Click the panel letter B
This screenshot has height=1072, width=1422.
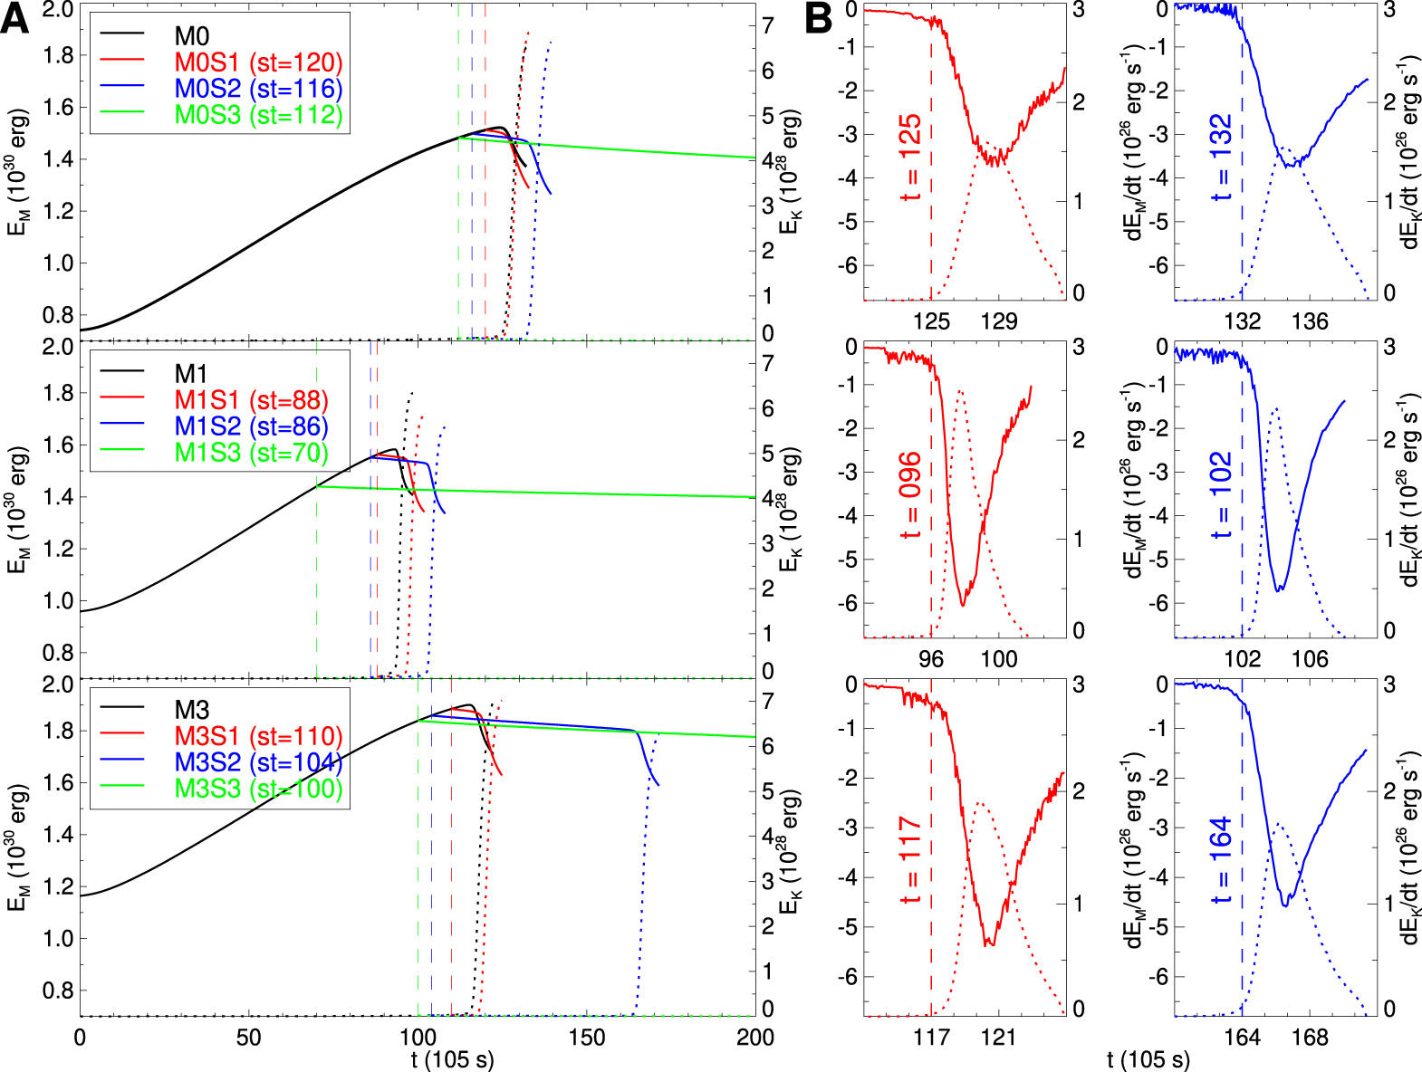(818, 19)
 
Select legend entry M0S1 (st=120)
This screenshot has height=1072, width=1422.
(258, 62)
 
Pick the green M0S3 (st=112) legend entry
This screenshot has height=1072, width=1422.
(258, 115)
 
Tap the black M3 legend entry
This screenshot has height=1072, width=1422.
(192, 711)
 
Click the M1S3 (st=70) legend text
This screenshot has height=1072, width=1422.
(251, 453)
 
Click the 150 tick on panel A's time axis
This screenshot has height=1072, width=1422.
(586, 1038)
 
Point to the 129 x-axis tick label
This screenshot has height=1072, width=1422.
(999, 321)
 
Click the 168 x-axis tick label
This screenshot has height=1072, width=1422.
(1310, 1038)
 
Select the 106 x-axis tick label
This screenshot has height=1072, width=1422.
(1310, 659)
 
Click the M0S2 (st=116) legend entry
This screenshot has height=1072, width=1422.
(258, 89)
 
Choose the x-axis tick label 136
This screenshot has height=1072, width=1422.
(1310, 321)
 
